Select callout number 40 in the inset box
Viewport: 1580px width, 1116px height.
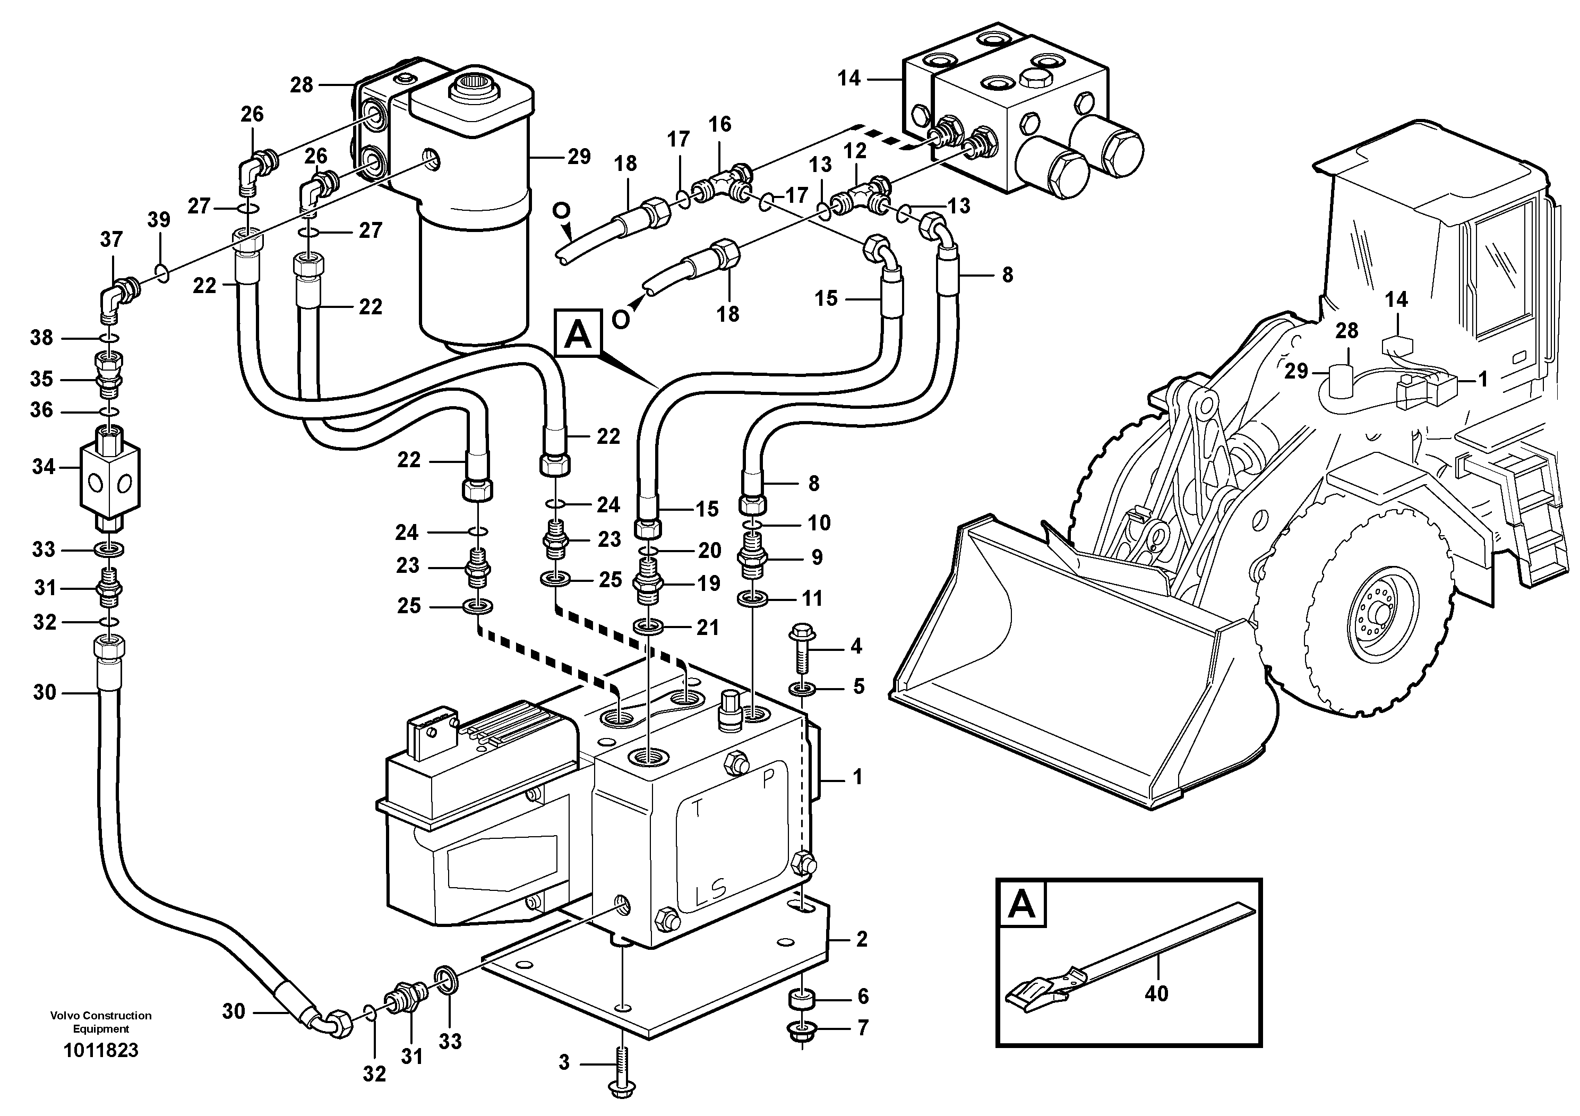1156,993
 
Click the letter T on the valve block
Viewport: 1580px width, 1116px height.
697,809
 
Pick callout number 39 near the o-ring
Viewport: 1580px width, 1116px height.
158,220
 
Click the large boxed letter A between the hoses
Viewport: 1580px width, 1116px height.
578,335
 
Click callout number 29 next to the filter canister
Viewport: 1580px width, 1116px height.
579,157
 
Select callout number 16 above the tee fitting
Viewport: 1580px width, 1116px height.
720,125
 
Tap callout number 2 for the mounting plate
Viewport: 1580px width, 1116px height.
862,939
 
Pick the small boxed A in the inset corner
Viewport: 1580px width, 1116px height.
1020,904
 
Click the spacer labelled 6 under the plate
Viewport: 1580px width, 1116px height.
801,997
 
